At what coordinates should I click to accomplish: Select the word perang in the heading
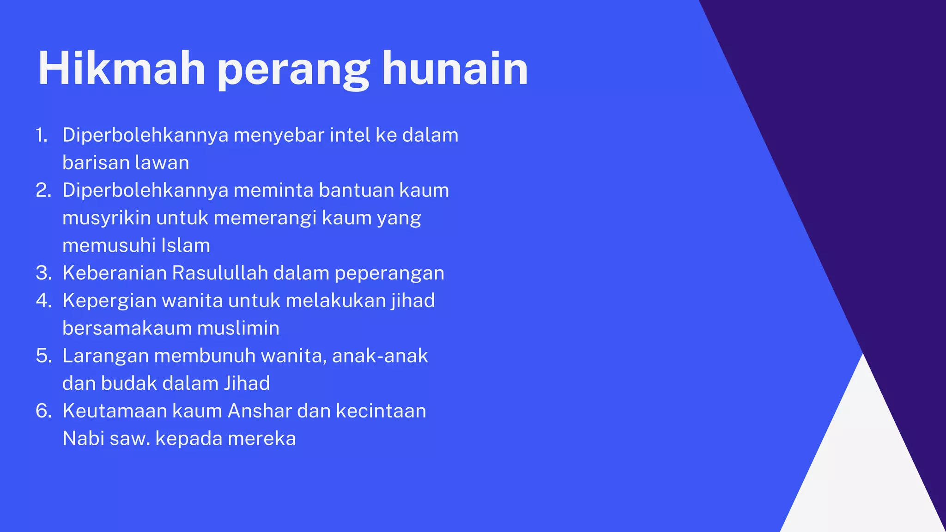(x=293, y=72)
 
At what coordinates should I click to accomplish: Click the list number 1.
(x=42, y=135)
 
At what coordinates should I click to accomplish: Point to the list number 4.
(x=43, y=301)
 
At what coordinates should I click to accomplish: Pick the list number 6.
(x=43, y=411)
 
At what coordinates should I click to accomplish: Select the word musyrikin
(x=106, y=218)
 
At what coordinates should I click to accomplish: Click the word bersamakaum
(x=127, y=328)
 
